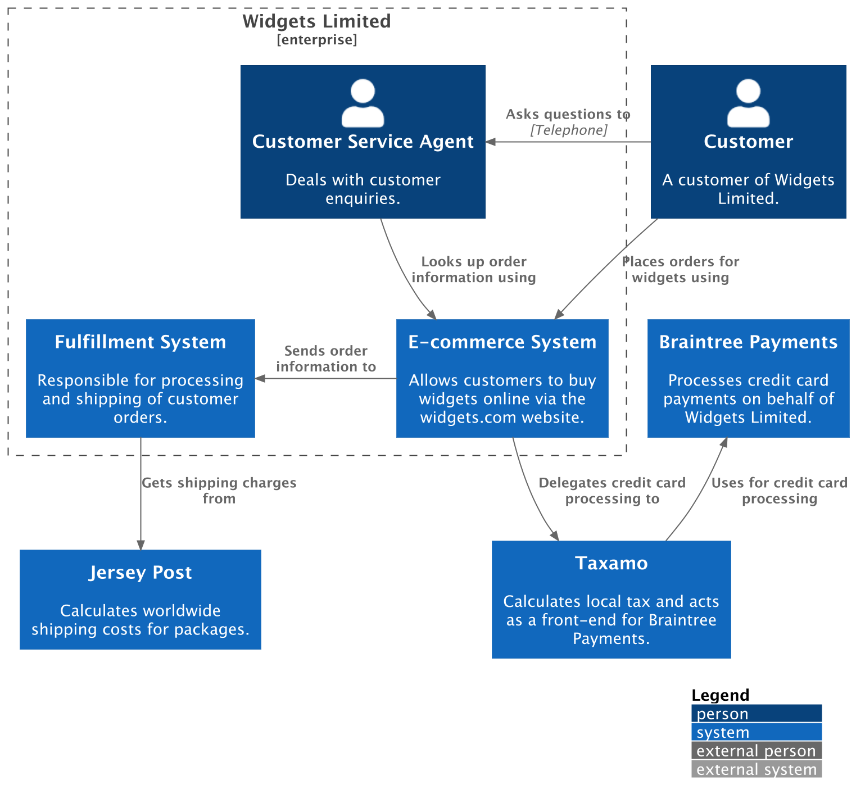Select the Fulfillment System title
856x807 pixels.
(141, 342)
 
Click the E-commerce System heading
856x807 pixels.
(502, 342)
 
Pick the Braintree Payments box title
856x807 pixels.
(748, 342)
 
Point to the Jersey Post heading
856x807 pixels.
(141, 572)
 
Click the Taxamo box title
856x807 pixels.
(611, 563)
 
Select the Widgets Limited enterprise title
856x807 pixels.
(316, 21)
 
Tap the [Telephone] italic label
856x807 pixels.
(568, 130)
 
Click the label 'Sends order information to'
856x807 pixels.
(326, 359)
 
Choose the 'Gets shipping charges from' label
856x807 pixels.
(219, 491)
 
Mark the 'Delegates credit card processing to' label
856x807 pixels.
(612, 491)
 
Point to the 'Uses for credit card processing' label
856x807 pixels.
(779, 491)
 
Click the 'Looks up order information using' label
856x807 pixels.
(473, 269)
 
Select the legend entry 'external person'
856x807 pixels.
(756, 751)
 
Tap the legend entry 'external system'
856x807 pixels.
(756, 769)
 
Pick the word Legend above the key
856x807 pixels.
(720, 695)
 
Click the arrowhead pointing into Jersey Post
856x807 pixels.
(141, 545)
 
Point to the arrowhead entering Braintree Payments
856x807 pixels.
(724, 442)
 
